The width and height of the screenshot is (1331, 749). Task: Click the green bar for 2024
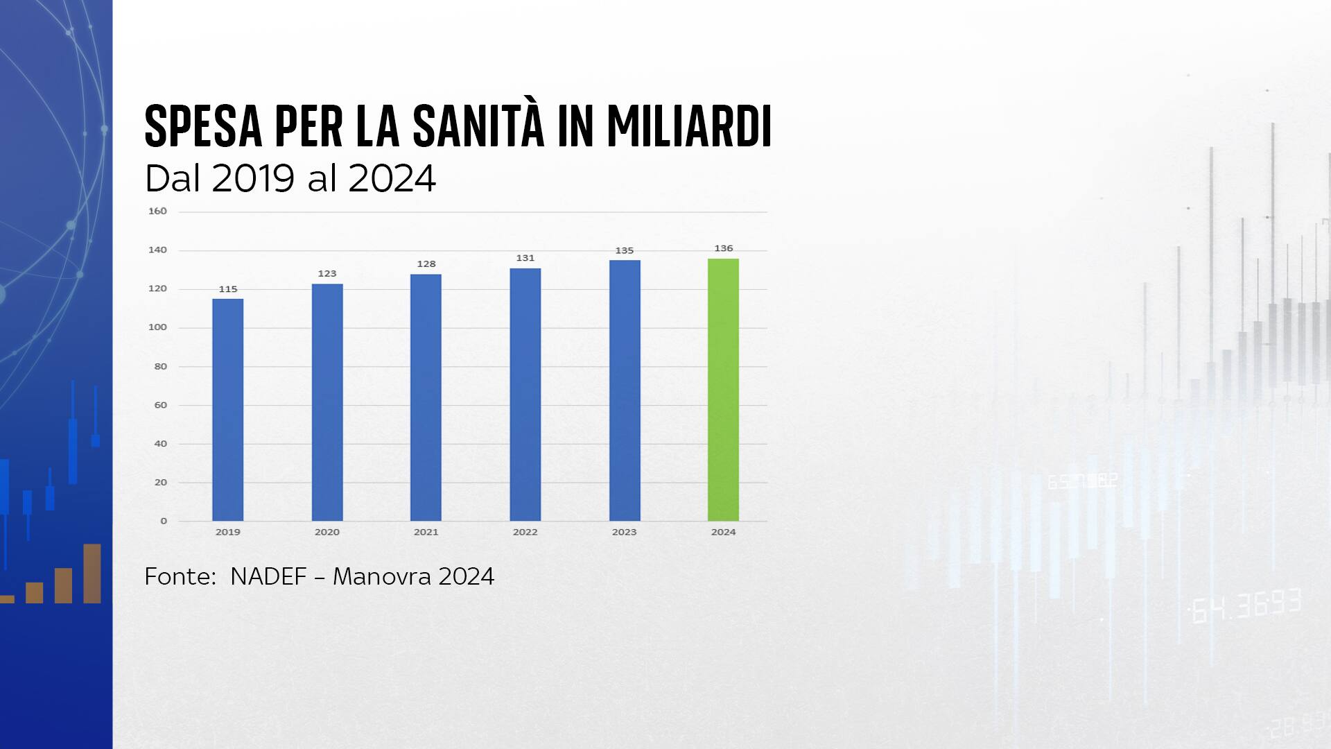[723, 390]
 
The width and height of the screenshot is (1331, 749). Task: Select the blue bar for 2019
[227, 409]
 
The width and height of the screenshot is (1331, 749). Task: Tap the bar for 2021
[426, 397]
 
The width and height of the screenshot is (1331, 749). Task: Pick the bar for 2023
[625, 390]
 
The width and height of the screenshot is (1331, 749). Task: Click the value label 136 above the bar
[723, 248]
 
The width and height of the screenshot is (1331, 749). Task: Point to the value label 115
[227, 289]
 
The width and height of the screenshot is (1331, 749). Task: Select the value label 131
[525, 258]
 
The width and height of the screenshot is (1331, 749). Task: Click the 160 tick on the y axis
[157, 211]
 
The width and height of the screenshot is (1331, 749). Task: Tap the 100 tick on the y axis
[157, 327]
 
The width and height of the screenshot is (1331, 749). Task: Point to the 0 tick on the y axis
[164, 521]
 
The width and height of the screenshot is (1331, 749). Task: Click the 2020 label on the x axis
[327, 532]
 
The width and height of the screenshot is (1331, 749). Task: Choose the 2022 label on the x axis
[525, 532]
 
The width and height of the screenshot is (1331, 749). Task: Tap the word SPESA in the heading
[203, 126]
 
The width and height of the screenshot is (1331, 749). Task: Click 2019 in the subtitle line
[253, 178]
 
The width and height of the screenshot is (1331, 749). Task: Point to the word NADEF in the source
[268, 576]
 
